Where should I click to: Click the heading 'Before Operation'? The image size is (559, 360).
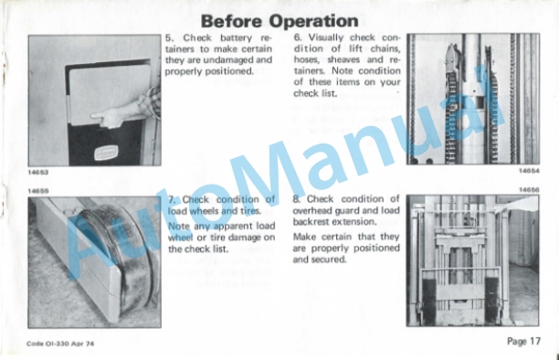(x=279, y=21)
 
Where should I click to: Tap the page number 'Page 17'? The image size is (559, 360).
(x=523, y=342)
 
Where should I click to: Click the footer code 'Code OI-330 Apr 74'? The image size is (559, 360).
(x=60, y=344)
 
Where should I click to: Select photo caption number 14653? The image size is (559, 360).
(x=38, y=172)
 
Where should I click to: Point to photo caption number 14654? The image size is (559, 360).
(x=529, y=171)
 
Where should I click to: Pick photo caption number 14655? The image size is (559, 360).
(x=38, y=191)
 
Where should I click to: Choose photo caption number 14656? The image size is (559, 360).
(x=529, y=190)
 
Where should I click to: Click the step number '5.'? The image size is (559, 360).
(x=169, y=37)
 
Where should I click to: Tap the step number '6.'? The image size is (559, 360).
(x=299, y=37)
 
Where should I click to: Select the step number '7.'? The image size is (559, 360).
(x=172, y=199)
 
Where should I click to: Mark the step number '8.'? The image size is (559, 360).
(x=297, y=199)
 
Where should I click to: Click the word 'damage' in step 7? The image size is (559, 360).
(x=245, y=238)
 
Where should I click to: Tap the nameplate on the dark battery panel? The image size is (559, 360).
(x=106, y=154)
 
